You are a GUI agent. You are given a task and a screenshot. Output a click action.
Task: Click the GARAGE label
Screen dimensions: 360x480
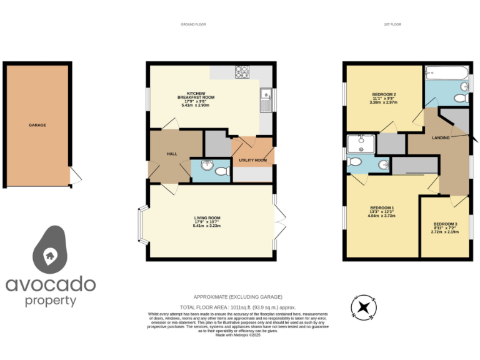coord(37,125)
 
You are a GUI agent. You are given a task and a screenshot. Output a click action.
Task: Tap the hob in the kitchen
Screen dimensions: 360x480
coord(241,72)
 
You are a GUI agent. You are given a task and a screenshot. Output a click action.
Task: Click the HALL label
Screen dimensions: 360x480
coord(172,154)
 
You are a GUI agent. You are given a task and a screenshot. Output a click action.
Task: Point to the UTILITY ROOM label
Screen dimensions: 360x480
coord(252,160)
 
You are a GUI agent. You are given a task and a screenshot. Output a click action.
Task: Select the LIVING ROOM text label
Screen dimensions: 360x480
coord(207,217)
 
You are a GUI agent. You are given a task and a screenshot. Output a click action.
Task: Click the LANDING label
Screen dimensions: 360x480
coord(441,137)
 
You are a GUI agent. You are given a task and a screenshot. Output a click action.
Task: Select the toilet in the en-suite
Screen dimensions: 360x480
coord(354,162)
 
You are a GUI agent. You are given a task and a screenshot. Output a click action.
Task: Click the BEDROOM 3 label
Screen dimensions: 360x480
coord(445,224)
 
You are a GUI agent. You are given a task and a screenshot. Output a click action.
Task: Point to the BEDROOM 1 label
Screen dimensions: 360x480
coord(382,207)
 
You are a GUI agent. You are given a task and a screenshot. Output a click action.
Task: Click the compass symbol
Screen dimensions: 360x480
coord(363,307)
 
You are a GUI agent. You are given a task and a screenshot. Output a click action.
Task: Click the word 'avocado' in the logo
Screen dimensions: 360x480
coord(51,285)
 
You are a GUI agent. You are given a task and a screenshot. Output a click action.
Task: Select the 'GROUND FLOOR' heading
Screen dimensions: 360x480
coord(193,24)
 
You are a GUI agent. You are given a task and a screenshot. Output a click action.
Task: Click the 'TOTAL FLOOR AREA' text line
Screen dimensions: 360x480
coord(237,307)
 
